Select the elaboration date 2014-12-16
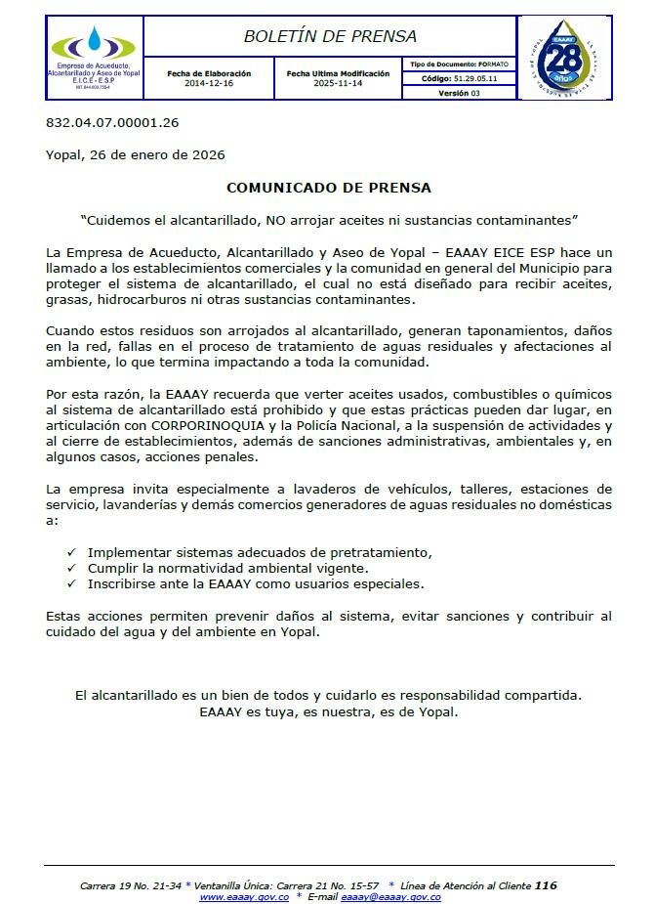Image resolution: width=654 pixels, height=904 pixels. [209, 83]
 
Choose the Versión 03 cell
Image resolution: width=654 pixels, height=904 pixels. [459, 93]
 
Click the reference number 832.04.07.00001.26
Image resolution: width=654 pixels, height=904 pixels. [112, 123]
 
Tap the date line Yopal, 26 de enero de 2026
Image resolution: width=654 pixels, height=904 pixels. [135, 154]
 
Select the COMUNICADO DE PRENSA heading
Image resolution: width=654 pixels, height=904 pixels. [329, 187]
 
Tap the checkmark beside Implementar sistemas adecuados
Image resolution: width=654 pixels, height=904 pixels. [70, 552]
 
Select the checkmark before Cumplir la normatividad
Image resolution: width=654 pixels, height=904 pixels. [70, 568]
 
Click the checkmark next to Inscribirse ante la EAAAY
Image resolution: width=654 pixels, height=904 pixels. [70, 583]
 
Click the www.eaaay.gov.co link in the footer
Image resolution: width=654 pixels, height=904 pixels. [244, 896]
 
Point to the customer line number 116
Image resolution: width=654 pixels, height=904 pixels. [546, 885]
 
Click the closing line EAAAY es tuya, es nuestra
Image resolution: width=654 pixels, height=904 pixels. [328, 711]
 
